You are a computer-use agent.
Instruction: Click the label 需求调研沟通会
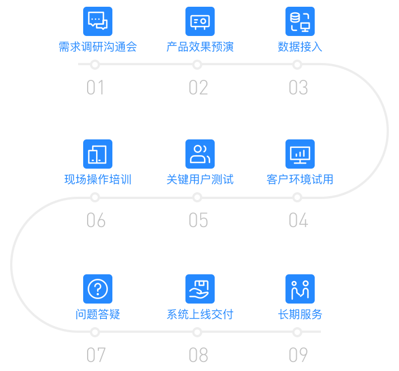click(x=98, y=47)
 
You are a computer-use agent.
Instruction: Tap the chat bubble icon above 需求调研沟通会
click(x=98, y=21)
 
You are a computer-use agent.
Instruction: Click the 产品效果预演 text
click(x=200, y=47)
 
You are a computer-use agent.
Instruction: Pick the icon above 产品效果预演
click(x=200, y=21)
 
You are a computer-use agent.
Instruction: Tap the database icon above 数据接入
click(x=300, y=21)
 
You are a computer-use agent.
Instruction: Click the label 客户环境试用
click(x=300, y=179)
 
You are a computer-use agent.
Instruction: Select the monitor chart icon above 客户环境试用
click(x=300, y=154)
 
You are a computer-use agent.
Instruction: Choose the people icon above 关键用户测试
click(x=200, y=154)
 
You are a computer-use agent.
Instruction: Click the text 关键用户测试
click(x=200, y=179)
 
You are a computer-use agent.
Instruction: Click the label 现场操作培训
click(x=98, y=179)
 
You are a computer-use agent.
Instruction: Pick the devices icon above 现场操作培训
click(x=98, y=154)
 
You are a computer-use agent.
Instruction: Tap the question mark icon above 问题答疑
click(x=98, y=289)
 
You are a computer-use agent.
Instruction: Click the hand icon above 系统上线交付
click(x=200, y=289)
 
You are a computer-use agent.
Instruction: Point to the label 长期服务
click(x=300, y=314)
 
